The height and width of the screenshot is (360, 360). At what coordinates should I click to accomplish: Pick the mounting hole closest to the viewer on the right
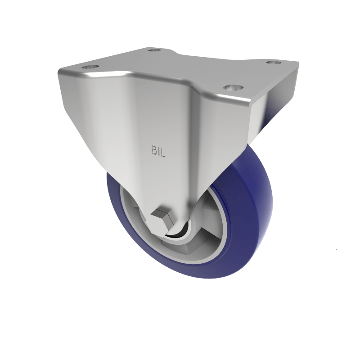click(232, 87)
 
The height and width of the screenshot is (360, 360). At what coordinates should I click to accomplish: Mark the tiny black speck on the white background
click(336, 249)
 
